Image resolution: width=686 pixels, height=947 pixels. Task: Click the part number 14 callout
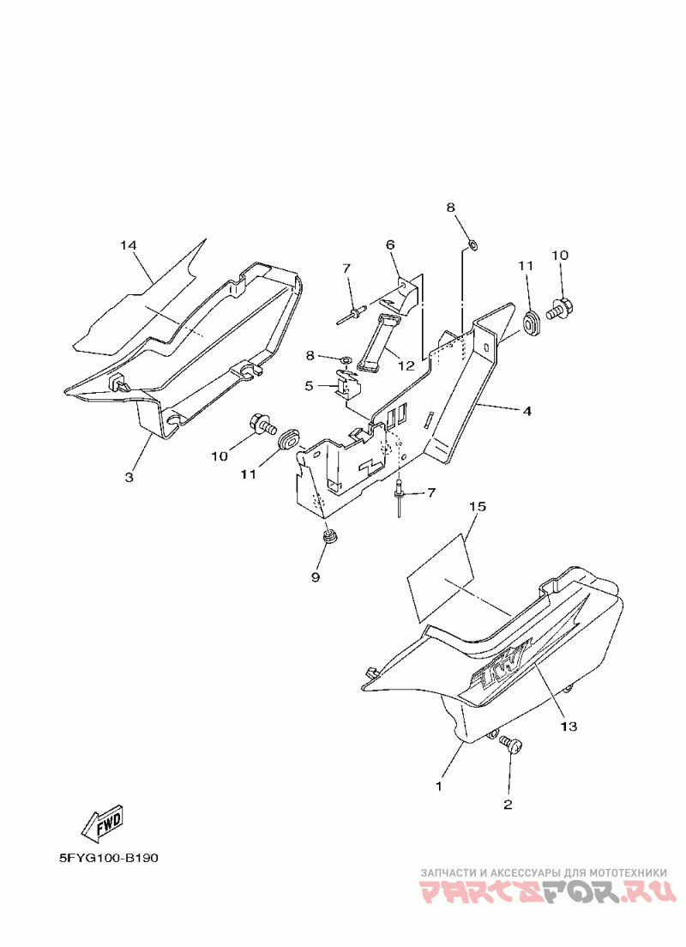128,246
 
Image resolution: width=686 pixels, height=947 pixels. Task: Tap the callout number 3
129,477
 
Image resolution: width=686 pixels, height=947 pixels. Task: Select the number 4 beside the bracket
527,412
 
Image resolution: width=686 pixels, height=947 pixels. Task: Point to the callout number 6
390,244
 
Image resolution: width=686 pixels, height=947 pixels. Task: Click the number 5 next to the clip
309,386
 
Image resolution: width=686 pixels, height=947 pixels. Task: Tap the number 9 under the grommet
315,578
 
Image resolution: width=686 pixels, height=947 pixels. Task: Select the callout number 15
478,507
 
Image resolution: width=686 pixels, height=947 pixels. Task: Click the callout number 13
569,727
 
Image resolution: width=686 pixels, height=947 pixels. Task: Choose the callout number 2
508,805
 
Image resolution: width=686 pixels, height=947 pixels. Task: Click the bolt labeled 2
511,745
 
